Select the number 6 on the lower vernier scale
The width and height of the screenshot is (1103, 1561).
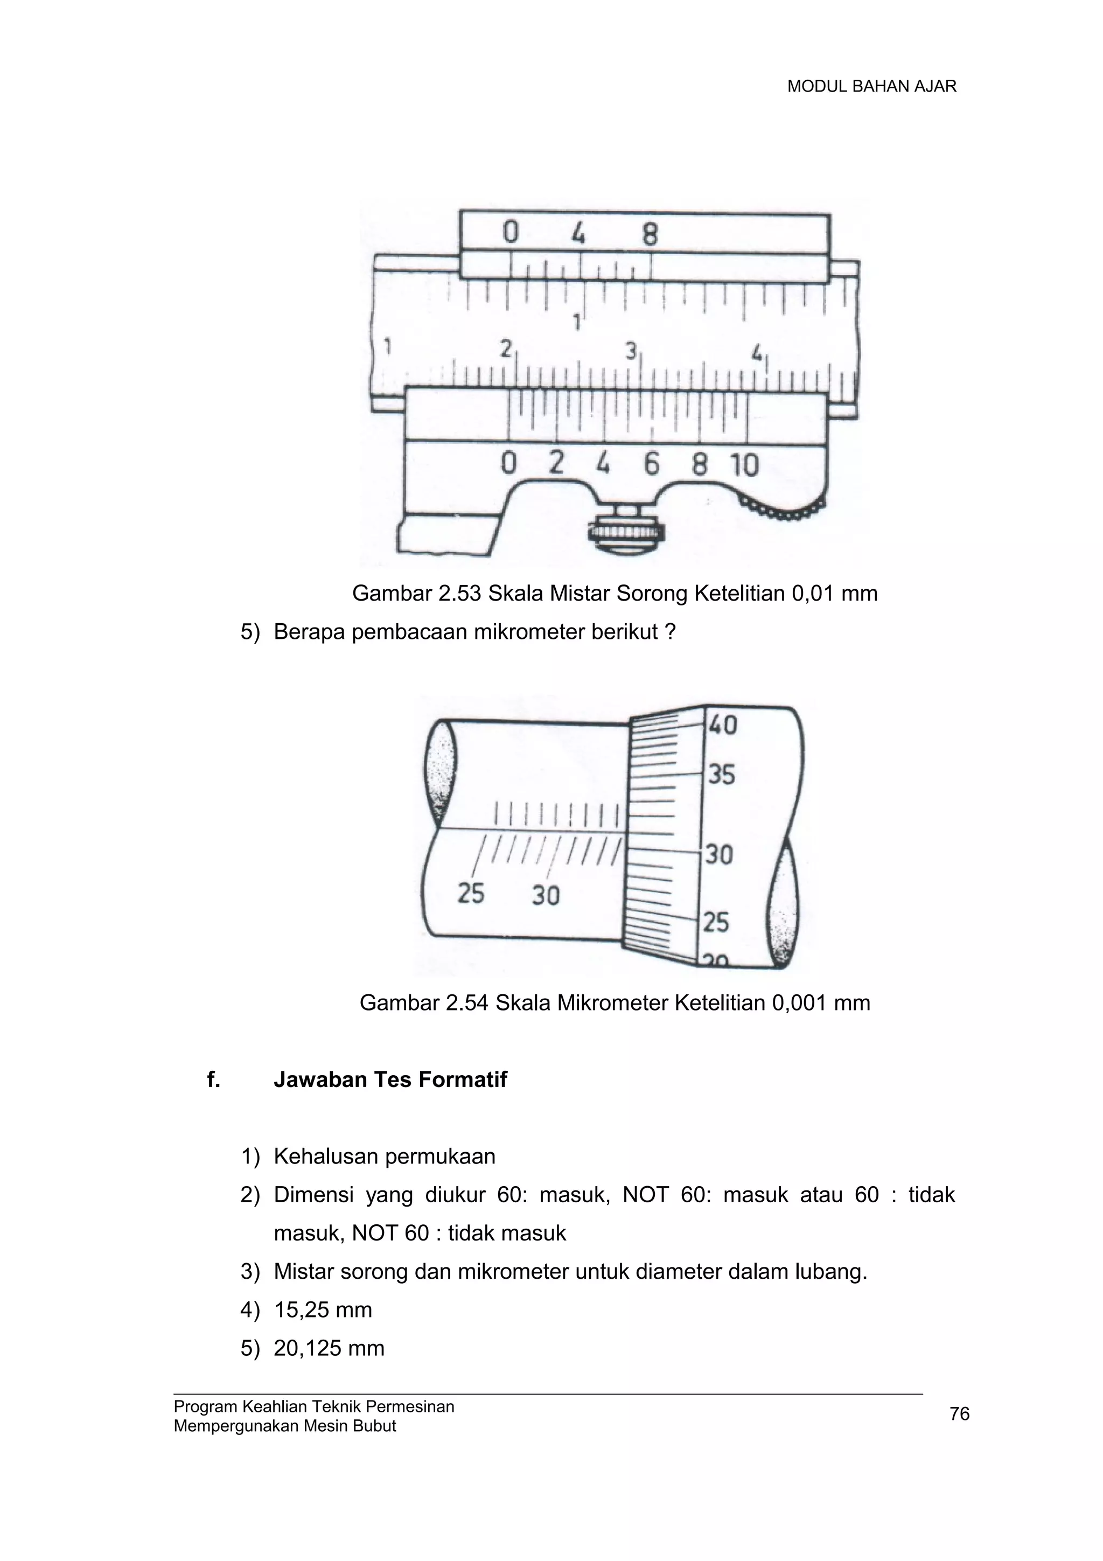[652, 464]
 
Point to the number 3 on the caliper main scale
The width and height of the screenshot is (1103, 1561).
[631, 351]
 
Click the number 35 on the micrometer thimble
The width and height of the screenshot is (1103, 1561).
[721, 775]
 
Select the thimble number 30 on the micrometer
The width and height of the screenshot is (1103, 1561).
[719, 854]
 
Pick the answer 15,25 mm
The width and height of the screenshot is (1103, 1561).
[323, 1309]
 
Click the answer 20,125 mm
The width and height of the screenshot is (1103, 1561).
[329, 1348]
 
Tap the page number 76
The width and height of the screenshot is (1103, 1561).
[960, 1414]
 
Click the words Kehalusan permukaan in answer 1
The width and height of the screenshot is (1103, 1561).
[385, 1156]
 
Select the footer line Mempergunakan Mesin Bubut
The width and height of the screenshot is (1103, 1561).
[285, 1426]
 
